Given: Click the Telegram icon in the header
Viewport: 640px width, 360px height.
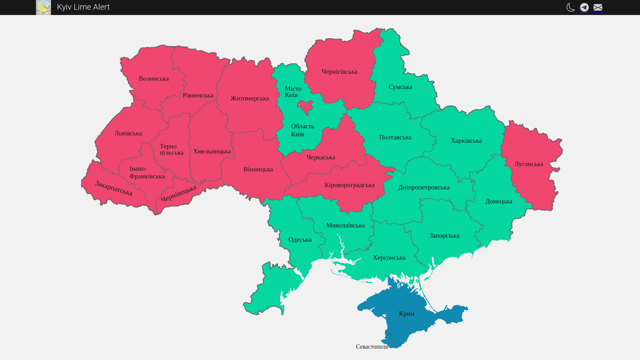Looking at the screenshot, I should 584,7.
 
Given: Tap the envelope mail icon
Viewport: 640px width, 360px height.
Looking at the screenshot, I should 598,7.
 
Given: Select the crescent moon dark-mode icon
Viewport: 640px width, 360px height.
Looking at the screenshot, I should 570,7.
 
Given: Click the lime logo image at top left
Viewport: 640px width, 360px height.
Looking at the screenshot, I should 43,7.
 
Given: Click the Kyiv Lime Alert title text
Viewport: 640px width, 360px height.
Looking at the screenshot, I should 83,7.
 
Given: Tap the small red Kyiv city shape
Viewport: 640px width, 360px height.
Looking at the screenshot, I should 305,107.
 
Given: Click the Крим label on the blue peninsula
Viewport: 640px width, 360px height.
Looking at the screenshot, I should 407,314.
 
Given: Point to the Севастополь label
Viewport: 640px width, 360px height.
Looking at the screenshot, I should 372,347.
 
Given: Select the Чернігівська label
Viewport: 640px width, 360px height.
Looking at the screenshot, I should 339,72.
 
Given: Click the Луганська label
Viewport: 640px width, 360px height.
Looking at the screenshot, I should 529,164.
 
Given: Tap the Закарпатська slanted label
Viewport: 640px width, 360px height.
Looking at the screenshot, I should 114,188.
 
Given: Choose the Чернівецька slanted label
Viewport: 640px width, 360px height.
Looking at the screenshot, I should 179,193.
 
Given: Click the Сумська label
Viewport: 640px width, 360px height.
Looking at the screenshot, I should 400,87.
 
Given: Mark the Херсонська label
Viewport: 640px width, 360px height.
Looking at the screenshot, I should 389,258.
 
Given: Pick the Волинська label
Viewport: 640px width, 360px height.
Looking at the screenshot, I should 154,79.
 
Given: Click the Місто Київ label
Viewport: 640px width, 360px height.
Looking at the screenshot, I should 293,92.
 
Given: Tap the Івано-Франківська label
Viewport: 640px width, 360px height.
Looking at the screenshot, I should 147,173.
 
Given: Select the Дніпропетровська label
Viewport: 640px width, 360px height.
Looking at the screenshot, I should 424,187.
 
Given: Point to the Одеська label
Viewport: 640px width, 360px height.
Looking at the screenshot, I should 300,240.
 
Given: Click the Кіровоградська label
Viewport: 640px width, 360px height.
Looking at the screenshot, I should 349,185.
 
